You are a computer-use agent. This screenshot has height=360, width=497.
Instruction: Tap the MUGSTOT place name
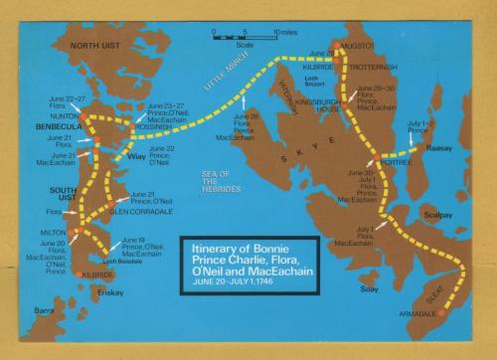[x=356, y=45]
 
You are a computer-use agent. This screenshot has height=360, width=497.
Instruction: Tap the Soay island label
[x=372, y=289]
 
